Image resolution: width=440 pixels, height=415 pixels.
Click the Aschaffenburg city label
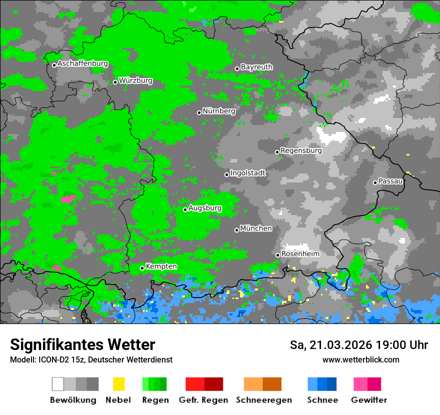click(x=82, y=64)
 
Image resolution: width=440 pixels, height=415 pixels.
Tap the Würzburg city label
click(x=135, y=81)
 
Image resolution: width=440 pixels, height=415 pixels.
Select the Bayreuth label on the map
click(x=256, y=67)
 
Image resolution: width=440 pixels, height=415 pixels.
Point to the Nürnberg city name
click(x=218, y=111)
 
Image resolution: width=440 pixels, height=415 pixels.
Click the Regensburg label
click(x=301, y=150)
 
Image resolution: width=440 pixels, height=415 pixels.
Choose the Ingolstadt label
click(x=248, y=173)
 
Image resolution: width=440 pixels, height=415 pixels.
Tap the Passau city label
click(x=390, y=181)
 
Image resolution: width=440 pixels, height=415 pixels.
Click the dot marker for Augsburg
click(x=185, y=209)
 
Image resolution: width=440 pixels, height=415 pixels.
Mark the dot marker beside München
click(x=237, y=230)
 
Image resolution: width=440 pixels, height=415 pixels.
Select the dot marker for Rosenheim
click(x=277, y=255)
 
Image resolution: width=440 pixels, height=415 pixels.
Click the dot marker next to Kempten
click(x=142, y=268)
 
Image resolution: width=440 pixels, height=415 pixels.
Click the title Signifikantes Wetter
click(x=82, y=345)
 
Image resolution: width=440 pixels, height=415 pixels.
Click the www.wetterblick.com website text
click(x=360, y=360)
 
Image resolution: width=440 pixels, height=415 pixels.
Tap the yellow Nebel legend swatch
click(x=118, y=384)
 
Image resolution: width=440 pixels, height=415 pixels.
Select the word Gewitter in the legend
click(x=368, y=400)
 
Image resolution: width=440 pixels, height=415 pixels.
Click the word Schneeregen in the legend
click(x=264, y=400)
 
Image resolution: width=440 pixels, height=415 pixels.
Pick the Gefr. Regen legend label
click(x=203, y=400)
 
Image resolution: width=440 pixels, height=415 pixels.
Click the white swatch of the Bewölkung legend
click(x=58, y=384)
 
